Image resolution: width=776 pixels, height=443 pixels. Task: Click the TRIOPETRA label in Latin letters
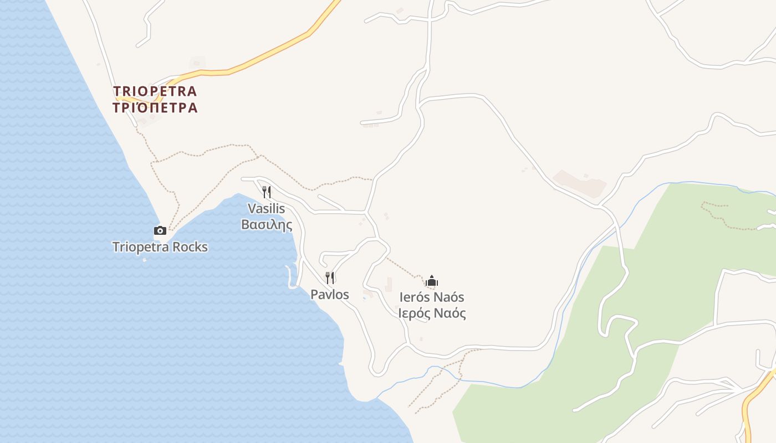[x=155, y=91]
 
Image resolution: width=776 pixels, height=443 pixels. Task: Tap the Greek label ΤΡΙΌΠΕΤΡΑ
[x=155, y=107]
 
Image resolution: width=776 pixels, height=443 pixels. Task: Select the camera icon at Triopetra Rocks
[x=160, y=230]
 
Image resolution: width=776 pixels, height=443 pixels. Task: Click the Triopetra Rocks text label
[x=160, y=247]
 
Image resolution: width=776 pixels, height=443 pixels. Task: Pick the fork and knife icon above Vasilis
[x=267, y=192]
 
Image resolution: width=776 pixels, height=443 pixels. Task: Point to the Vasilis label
[x=266, y=209]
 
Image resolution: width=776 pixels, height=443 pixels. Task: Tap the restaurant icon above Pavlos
[x=330, y=277]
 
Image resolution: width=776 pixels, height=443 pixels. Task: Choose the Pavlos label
[x=330, y=295]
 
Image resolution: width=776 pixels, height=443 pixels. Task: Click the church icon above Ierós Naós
[x=432, y=281]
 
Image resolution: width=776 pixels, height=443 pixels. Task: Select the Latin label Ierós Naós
[x=432, y=297]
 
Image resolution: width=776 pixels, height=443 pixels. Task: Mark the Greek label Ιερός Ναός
[x=432, y=313]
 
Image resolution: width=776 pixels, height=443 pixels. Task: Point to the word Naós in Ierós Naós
[x=450, y=297]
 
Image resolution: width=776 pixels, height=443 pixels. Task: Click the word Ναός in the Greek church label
[x=450, y=313]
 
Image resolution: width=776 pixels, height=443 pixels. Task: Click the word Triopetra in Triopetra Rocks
[x=141, y=247]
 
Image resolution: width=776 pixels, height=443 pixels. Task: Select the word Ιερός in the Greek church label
[x=414, y=313]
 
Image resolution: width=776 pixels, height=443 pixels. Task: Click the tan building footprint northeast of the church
[x=580, y=183]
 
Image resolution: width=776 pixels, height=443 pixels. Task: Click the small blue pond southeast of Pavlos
[x=364, y=298]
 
